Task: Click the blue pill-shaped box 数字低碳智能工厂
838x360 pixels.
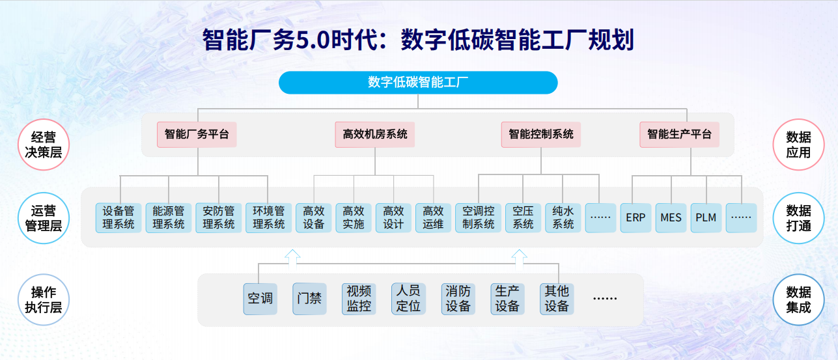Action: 418,83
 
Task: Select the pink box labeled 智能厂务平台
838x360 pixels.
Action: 197,135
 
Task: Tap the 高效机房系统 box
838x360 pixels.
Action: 375,135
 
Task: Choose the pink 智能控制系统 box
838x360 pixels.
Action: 541,135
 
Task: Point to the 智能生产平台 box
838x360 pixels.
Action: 679,135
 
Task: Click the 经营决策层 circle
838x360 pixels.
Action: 44,145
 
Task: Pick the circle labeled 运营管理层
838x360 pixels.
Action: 44,218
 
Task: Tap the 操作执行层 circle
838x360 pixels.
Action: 44,299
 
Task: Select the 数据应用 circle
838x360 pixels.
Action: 798,145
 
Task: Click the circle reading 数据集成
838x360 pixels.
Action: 798,299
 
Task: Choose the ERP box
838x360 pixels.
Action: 635,218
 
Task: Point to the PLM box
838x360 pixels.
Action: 706,218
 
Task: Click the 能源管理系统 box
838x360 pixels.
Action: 169,218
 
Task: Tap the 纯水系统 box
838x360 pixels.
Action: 563,218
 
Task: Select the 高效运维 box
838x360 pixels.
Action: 433,218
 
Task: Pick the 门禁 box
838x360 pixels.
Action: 309,299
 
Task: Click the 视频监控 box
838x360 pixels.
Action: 359,299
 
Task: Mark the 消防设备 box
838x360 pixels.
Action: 458,299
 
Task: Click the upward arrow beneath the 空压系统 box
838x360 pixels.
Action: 519,258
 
